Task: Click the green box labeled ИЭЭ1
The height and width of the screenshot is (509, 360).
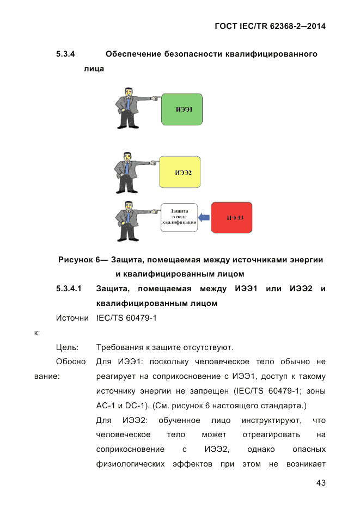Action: [x=182, y=109]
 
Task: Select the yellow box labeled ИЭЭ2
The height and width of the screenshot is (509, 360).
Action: [x=180, y=172]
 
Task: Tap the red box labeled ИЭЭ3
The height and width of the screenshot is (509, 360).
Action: [x=231, y=218]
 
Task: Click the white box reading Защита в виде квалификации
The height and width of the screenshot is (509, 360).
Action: [x=179, y=217]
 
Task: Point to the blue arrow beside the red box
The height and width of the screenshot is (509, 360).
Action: [x=204, y=218]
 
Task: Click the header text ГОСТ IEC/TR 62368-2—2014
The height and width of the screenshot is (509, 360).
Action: [x=270, y=26]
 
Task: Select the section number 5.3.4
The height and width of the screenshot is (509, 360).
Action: [x=65, y=54]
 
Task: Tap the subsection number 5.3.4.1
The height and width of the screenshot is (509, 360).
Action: [x=69, y=289]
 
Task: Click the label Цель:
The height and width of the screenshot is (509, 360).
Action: [x=67, y=347]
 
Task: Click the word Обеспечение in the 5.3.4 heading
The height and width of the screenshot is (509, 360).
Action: [x=133, y=54]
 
